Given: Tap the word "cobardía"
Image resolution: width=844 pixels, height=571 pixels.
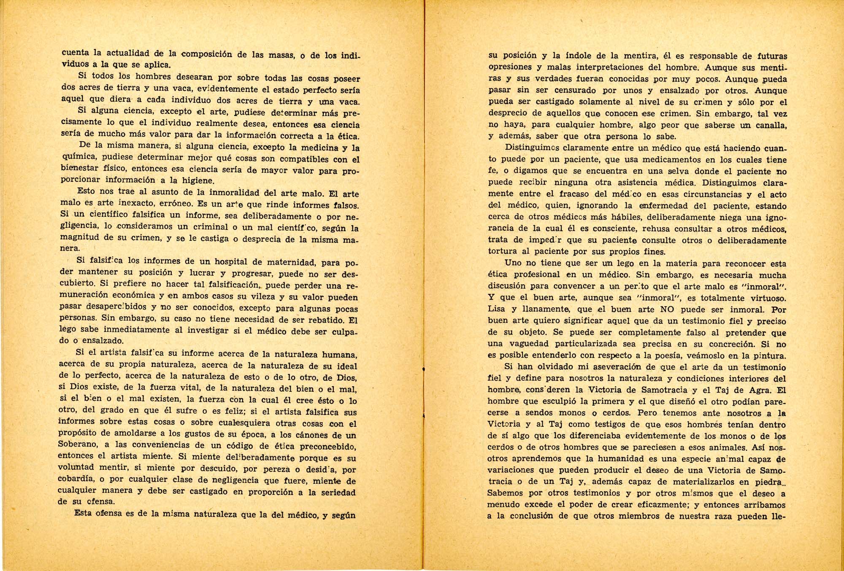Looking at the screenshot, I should click(x=76, y=480).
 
